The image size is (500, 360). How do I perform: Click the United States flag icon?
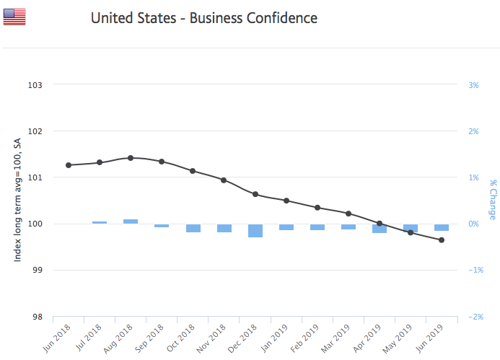tap(14, 17)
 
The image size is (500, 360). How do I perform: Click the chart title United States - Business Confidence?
tap(203, 18)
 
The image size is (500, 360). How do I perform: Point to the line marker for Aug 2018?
tap(131, 157)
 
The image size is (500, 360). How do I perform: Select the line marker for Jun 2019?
tap(442, 240)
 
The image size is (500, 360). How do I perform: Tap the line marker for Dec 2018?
tap(255, 194)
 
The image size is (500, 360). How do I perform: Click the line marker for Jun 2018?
tap(69, 165)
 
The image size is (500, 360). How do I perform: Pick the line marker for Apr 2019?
tap(380, 224)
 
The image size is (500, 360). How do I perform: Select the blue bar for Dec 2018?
tap(255, 230)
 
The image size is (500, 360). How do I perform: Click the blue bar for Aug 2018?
tap(131, 221)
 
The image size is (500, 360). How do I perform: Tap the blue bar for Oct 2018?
tap(193, 228)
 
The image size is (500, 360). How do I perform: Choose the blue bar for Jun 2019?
tap(442, 227)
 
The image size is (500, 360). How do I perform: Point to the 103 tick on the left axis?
tap(35, 85)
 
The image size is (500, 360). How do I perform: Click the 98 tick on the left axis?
tap(35, 317)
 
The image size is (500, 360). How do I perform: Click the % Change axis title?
tap(493, 201)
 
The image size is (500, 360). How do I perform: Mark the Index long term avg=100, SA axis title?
tap(17, 201)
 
